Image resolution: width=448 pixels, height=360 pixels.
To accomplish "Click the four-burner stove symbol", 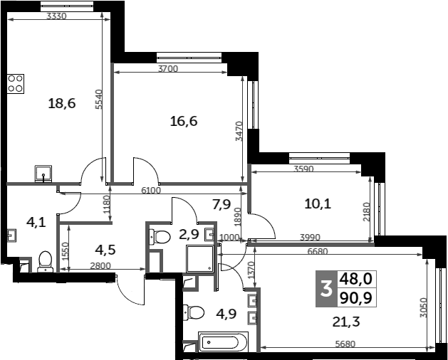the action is [x=16, y=84].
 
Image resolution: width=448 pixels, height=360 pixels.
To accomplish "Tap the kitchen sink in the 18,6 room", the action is [x=43, y=174].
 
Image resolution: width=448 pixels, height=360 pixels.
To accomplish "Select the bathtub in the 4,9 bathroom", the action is [x=223, y=342].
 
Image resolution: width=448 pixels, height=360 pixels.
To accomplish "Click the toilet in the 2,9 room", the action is [x=160, y=237].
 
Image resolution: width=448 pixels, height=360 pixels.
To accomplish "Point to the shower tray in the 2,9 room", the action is [x=200, y=258].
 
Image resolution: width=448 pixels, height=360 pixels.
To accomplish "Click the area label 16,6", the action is [x=184, y=122].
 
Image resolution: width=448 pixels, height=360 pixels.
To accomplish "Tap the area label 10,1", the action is [x=318, y=204].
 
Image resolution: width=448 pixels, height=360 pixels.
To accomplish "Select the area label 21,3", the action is [x=346, y=322].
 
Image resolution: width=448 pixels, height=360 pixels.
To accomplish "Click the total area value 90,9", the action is [x=355, y=299].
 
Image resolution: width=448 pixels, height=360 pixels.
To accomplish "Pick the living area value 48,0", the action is [x=355, y=279].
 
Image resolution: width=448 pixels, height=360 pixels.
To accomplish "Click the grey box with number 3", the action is [x=327, y=289].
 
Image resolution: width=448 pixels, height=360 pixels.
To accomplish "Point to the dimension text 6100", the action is [x=151, y=190].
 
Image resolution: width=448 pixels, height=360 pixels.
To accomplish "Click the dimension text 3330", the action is [x=56, y=16].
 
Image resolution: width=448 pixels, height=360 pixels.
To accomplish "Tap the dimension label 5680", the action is [x=345, y=344].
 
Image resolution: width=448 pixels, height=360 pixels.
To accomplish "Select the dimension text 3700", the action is [x=168, y=69].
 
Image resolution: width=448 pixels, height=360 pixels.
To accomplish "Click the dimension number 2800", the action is [x=100, y=266].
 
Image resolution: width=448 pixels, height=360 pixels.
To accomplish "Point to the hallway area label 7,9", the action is [x=222, y=204].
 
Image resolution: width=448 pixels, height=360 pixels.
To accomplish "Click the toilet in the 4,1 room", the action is [x=46, y=262].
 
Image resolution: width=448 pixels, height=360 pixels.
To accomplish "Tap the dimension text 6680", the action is [x=318, y=252].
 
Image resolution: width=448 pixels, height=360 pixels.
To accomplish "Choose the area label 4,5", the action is [x=105, y=250].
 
